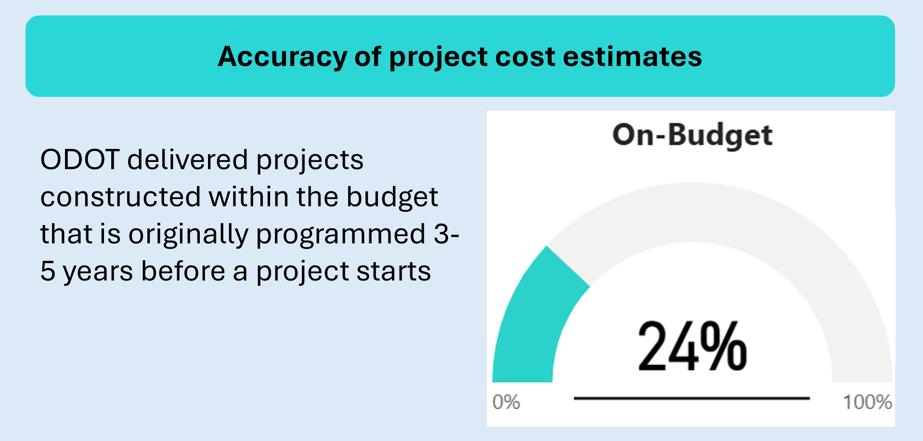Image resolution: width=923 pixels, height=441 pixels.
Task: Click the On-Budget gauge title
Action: (x=692, y=135)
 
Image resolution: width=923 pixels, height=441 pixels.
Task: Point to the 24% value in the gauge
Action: (x=692, y=347)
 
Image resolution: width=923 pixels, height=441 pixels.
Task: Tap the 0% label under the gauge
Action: (x=506, y=402)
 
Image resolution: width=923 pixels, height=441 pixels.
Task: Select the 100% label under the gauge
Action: (x=867, y=402)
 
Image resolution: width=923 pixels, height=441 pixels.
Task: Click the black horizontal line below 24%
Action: (x=692, y=399)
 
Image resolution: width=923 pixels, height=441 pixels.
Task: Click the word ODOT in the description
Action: (x=80, y=160)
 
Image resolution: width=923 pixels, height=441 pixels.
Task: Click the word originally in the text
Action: (x=188, y=235)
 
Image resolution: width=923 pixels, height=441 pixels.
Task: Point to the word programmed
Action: (x=341, y=235)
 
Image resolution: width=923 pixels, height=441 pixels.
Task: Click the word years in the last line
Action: (x=98, y=272)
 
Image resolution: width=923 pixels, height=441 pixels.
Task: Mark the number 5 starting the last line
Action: (x=48, y=271)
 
